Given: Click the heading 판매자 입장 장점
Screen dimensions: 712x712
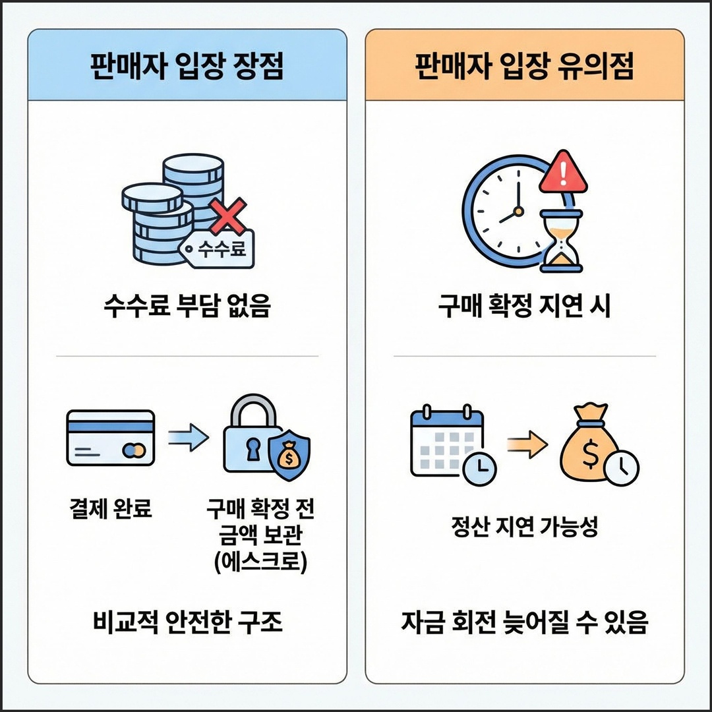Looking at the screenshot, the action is coord(187,67).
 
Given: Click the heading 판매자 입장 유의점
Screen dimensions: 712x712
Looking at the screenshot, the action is coord(525,67).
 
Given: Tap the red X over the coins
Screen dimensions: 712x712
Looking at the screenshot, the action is coord(228,216).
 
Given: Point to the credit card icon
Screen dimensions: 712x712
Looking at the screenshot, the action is coord(111,438).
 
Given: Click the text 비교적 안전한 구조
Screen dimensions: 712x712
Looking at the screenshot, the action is coord(187,622).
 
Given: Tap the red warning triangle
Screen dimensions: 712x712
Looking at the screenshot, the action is coord(562,173).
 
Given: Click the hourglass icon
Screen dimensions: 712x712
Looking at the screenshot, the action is coord(560,241).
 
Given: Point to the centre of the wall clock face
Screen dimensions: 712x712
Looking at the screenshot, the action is coord(518,211).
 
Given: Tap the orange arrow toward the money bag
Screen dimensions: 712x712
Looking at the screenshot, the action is coord(527,446).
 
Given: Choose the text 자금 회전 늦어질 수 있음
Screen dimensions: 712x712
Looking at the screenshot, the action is coord(525,622).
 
